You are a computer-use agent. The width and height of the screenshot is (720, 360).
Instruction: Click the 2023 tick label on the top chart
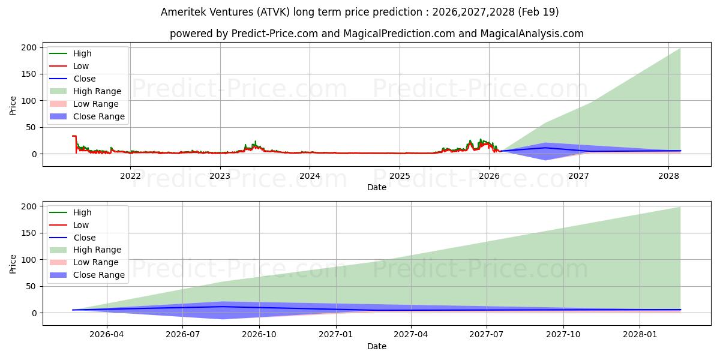pyautogui.click(x=220, y=176)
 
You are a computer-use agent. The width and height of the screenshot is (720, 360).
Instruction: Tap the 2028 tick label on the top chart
pyautogui.click(x=668, y=176)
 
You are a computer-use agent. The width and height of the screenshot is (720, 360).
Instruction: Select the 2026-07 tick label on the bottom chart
pyautogui.click(x=182, y=335)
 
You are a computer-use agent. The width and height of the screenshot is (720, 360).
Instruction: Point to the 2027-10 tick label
pyautogui.click(x=563, y=335)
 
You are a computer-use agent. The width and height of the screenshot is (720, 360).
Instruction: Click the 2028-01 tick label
pyautogui.click(x=640, y=335)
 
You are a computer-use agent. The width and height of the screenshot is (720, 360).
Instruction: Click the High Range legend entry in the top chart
pyautogui.click(x=85, y=91)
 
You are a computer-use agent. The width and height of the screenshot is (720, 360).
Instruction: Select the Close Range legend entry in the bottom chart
pyautogui.click(x=87, y=275)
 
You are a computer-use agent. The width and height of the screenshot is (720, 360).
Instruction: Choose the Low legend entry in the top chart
pyautogui.click(x=69, y=66)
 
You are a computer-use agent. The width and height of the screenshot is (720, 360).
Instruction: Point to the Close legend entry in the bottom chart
pyautogui.click(x=73, y=238)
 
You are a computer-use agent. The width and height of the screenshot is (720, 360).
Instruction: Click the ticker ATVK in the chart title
pyautogui.click(x=273, y=12)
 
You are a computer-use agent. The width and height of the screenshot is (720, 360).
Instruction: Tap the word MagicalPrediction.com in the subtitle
pyautogui.click(x=399, y=34)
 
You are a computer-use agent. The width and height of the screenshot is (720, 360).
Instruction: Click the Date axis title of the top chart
pyautogui.click(x=377, y=187)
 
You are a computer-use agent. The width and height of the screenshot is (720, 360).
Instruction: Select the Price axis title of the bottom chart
pyautogui.click(x=13, y=264)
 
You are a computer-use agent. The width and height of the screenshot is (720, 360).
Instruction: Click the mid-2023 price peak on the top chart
pyautogui.click(x=256, y=142)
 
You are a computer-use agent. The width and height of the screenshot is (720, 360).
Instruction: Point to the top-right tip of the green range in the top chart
pyautogui.click(x=680, y=49)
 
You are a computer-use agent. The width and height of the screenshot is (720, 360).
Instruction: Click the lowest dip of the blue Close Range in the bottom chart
pyautogui.click(x=223, y=319)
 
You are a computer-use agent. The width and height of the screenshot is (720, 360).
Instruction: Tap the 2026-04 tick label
pyautogui.click(x=106, y=335)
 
